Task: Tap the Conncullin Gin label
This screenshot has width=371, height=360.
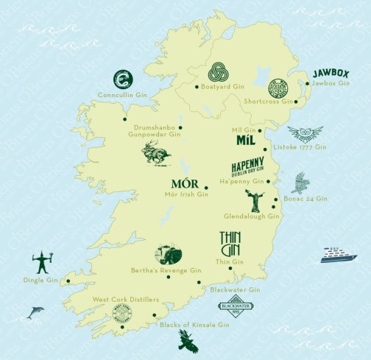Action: point(123,94)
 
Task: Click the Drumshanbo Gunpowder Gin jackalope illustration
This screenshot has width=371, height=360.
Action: point(158,155)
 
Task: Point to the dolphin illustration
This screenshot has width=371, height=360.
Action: point(34,313)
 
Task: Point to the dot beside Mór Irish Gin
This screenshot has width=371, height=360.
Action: point(207,188)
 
